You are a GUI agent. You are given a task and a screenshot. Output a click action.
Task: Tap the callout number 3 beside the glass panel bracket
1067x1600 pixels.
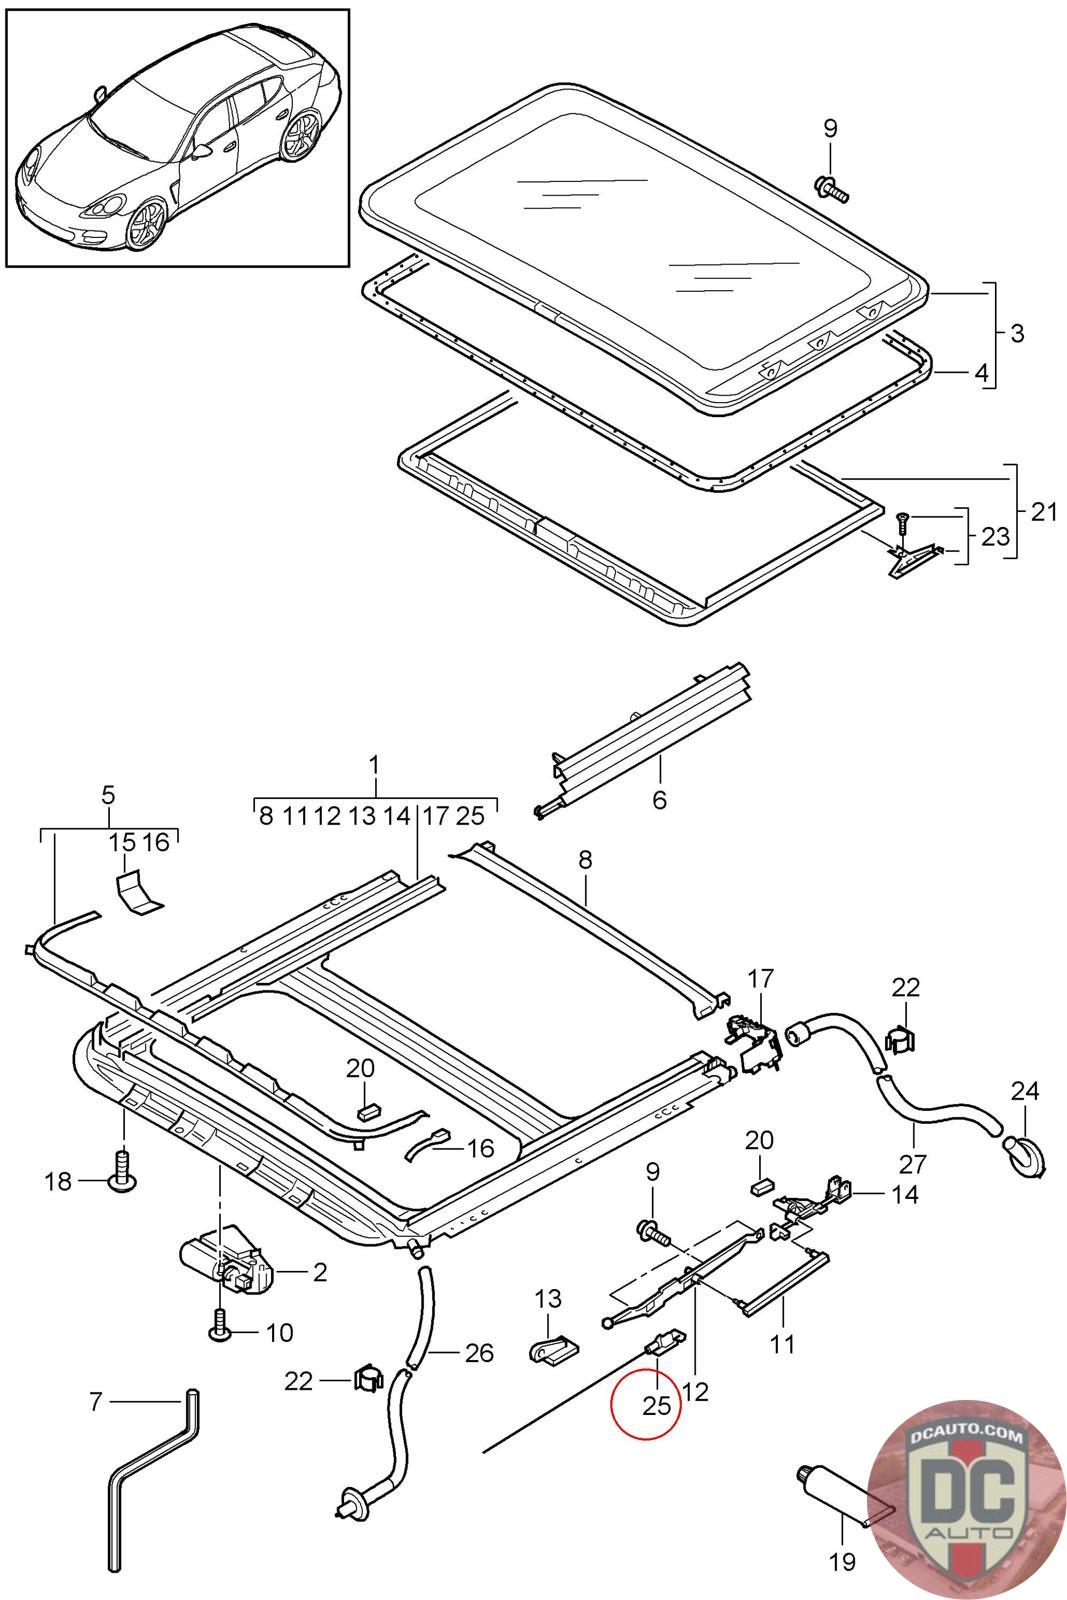[1016, 333]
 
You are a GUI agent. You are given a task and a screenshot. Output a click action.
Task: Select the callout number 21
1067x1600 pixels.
[1043, 512]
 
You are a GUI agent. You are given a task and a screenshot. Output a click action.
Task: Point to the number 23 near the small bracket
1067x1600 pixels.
[995, 537]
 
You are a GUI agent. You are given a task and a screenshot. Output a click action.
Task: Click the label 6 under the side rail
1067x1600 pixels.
[659, 799]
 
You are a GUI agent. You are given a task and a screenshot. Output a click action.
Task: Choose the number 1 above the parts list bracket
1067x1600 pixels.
[374, 765]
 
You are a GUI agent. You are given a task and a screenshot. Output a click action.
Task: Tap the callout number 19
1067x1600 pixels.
[842, 1561]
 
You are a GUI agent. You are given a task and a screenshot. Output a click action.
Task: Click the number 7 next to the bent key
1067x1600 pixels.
[96, 1401]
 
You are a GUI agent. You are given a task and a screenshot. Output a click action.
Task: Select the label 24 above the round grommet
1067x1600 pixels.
[1024, 1090]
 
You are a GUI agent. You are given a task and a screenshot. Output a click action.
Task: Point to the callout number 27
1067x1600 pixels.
[913, 1163]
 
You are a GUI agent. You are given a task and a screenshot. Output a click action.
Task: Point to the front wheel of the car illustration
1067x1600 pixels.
[147, 225]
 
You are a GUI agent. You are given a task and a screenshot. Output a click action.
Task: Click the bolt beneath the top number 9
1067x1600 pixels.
[829, 185]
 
